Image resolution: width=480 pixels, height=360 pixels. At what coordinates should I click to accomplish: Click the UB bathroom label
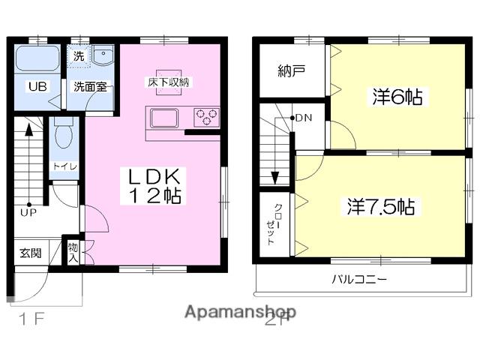(37, 86)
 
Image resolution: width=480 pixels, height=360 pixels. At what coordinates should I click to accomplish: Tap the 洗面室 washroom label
(89, 86)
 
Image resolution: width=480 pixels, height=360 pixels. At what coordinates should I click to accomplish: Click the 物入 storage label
(73, 252)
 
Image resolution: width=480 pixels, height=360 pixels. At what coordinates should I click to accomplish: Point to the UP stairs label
(28, 212)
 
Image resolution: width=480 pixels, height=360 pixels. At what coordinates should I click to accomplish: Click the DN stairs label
(304, 118)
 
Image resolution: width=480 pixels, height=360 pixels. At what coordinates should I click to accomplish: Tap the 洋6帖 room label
(397, 96)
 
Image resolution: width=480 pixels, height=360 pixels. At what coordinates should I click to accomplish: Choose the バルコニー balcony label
(360, 280)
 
